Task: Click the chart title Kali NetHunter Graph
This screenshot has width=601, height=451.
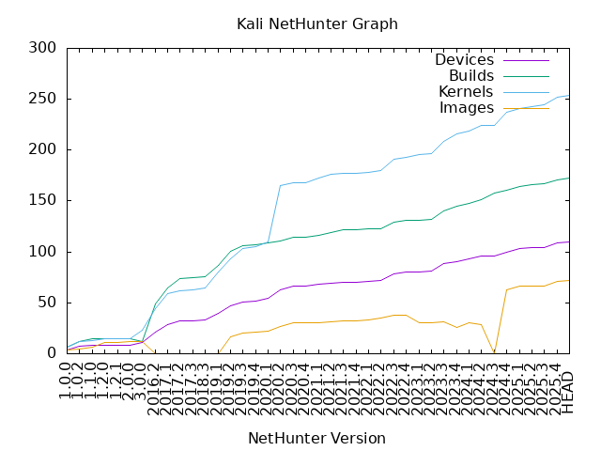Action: [316, 23]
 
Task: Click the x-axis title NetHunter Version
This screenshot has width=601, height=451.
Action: [316, 438]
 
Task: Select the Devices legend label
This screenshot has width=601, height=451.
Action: [464, 60]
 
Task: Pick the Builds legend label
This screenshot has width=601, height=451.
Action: [471, 76]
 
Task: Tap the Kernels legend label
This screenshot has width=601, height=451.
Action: [466, 92]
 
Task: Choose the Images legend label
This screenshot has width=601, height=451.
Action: [467, 108]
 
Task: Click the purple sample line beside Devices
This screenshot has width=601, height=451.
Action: [526, 60]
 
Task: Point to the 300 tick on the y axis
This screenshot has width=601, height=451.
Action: [43, 48]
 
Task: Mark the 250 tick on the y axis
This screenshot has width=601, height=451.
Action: [43, 99]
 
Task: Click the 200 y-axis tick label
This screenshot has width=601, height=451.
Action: [43, 149]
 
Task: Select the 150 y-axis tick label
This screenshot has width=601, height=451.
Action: [43, 201]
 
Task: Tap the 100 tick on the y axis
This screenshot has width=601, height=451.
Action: [43, 252]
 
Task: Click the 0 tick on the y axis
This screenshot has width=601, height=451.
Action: [52, 353]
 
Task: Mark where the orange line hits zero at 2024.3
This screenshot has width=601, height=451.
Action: [494, 353]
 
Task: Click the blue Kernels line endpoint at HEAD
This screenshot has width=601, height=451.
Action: [568, 95]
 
